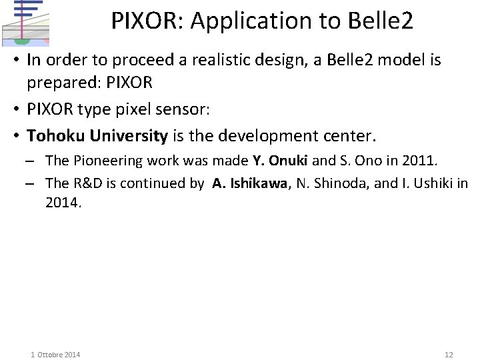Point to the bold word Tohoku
[x=55, y=136]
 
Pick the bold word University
[x=129, y=136]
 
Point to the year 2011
[x=419, y=161]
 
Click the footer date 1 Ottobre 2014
[x=55, y=354]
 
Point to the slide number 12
[x=448, y=354]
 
